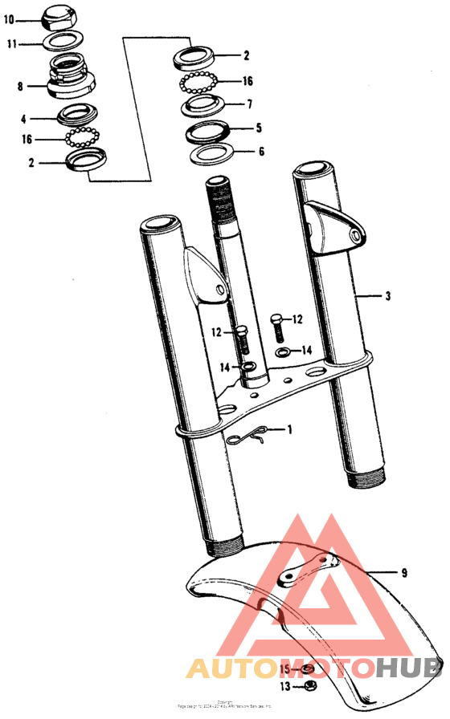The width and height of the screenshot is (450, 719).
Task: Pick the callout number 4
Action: pyautogui.click(x=24, y=119)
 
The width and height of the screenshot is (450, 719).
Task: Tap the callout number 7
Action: pyautogui.click(x=249, y=104)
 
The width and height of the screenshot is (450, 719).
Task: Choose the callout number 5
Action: pyautogui.click(x=258, y=127)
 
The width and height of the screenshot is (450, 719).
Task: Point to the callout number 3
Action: pyautogui.click(x=387, y=295)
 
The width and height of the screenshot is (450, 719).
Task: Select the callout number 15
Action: pyautogui.click(x=285, y=668)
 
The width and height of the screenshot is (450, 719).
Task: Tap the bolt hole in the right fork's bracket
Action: pyautogui.click(x=354, y=234)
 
